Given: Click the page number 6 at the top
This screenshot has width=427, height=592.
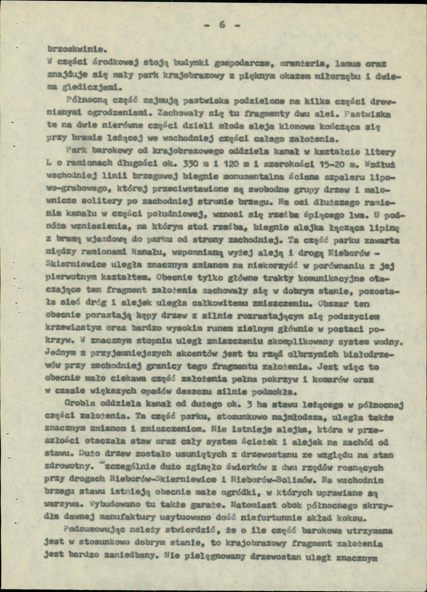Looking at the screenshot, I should click(x=221, y=25).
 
